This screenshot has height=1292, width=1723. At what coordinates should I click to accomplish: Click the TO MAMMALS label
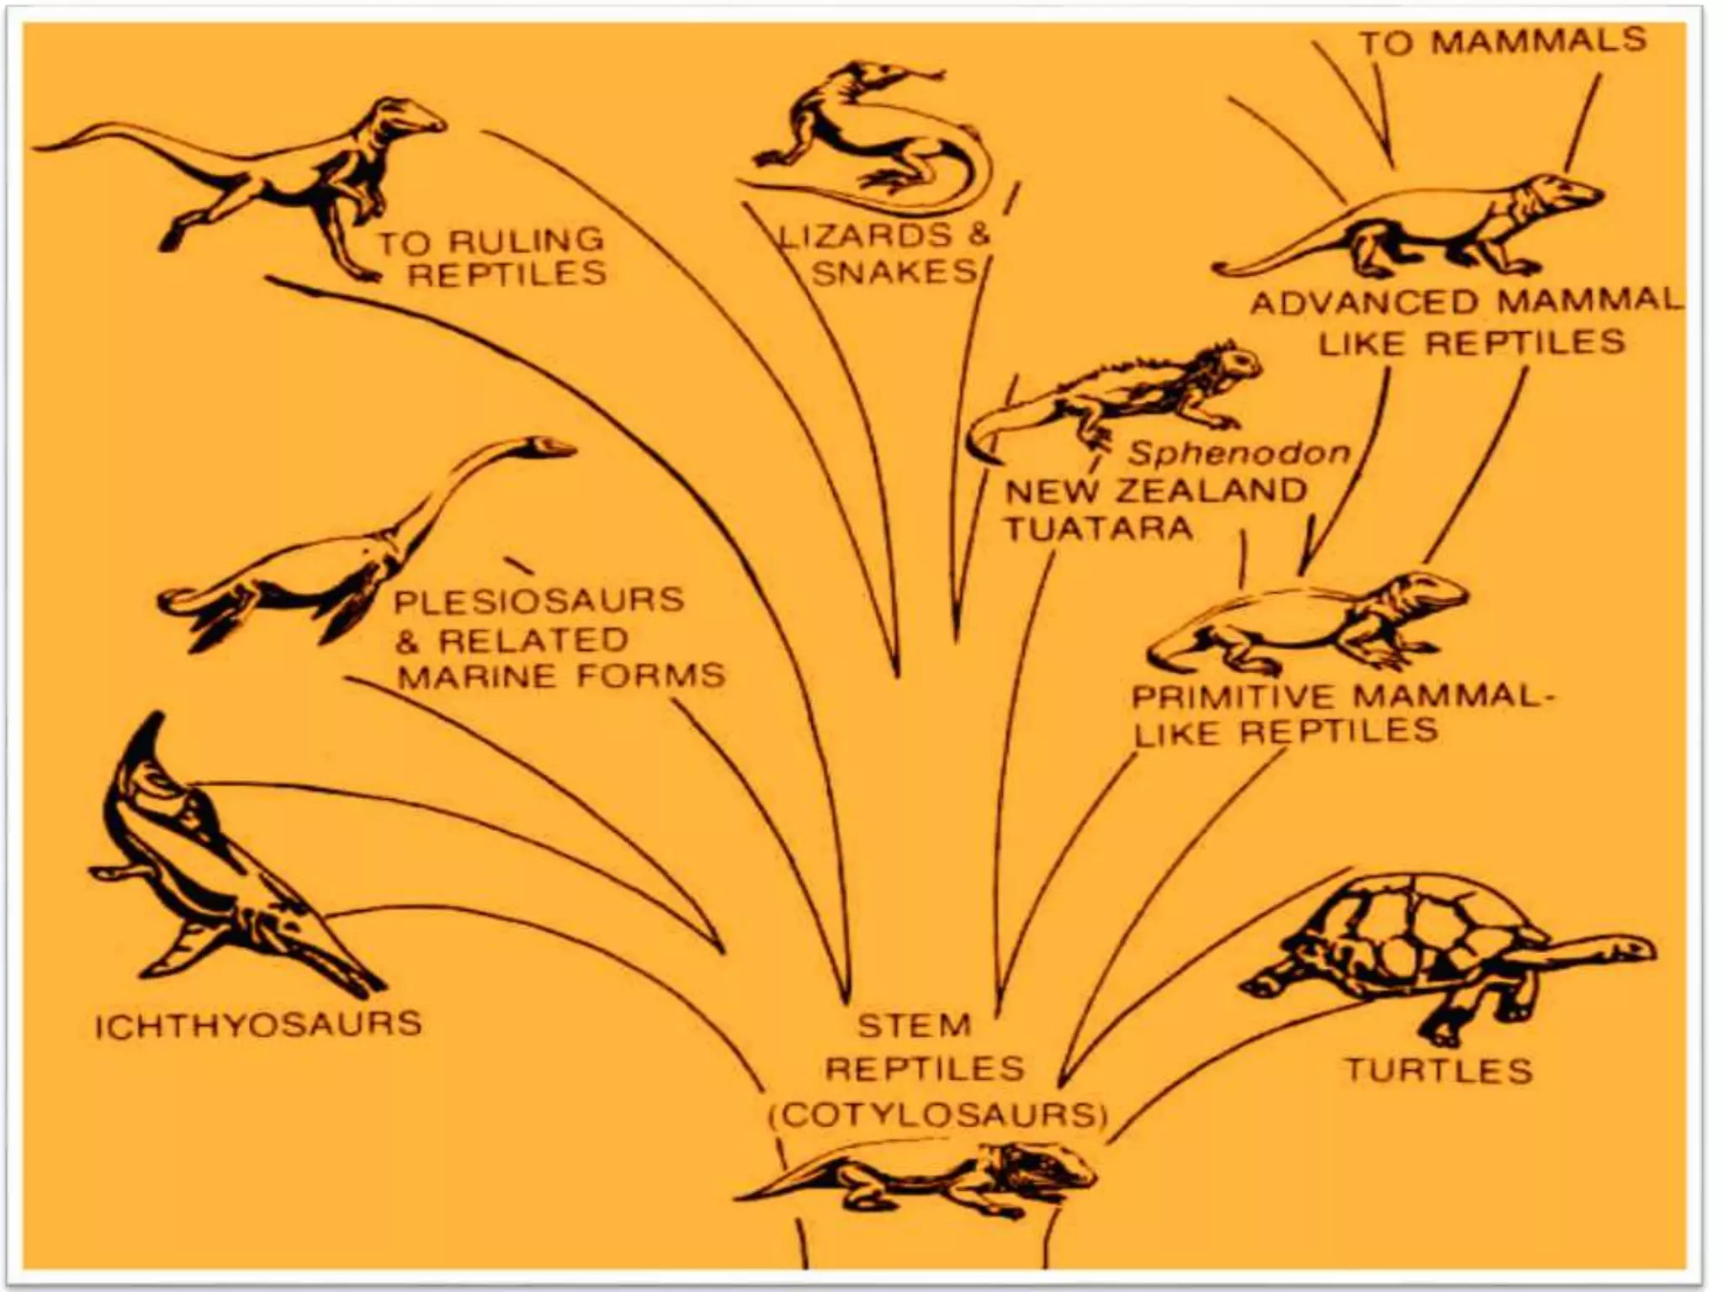[1503, 41]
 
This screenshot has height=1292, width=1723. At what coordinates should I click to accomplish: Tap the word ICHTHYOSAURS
[257, 1025]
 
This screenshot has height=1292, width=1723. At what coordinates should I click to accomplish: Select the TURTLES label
[1438, 1071]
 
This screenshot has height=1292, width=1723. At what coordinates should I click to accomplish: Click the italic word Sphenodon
[1238, 453]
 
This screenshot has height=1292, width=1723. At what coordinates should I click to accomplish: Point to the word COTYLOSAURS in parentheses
[938, 1115]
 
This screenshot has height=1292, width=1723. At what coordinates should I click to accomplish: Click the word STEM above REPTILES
[914, 1025]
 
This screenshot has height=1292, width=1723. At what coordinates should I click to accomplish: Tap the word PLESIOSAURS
[538, 601]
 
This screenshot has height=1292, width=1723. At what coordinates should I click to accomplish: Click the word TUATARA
[1099, 529]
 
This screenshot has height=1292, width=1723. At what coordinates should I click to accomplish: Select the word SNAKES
[893, 273]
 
